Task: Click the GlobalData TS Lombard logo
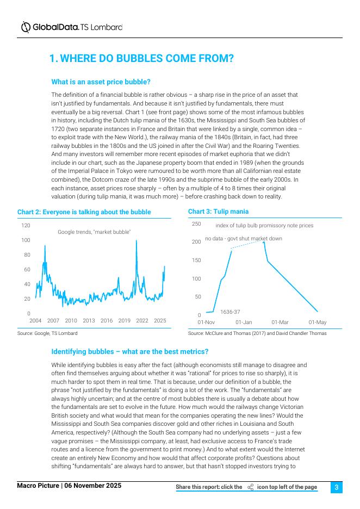pyautogui.click(x=71, y=27)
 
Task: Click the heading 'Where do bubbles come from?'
pyautogui.click(x=141, y=58)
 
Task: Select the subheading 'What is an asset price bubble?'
pyautogui.click(x=101, y=82)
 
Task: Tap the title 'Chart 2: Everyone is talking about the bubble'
pyautogui.click(x=84, y=212)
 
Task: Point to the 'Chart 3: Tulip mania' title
pyautogui.click(x=218, y=211)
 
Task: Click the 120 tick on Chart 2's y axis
pyautogui.click(x=26, y=225)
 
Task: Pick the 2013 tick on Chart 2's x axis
pyautogui.click(x=89, y=321)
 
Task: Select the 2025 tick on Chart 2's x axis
pyautogui.click(x=160, y=321)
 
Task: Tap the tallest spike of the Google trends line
pyautogui.click(x=136, y=241)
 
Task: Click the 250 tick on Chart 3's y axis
pyautogui.click(x=196, y=224)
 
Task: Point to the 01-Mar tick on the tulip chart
pyautogui.click(x=280, y=322)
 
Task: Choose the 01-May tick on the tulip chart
pyautogui.click(x=318, y=322)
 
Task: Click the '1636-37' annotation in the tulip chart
pyautogui.click(x=230, y=312)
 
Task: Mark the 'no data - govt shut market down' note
pyautogui.click(x=243, y=239)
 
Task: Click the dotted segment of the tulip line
pyautogui.click(x=247, y=245)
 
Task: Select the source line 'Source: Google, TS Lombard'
pyautogui.click(x=47, y=333)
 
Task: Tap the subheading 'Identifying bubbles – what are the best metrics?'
pyautogui.click(x=129, y=352)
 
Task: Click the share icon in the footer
pyautogui.click(x=250, y=487)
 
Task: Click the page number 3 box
pyautogui.click(x=337, y=487)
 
